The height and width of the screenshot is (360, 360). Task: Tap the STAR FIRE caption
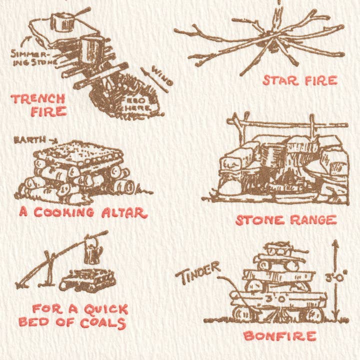click(300, 80)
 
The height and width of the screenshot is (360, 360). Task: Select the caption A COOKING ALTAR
click(83, 212)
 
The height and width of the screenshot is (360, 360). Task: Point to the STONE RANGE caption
click(285, 220)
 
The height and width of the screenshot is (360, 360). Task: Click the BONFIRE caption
click(279, 335)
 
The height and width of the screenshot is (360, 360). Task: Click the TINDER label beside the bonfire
click(198, 273)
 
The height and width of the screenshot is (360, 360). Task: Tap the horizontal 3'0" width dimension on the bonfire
click(279, 299)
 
